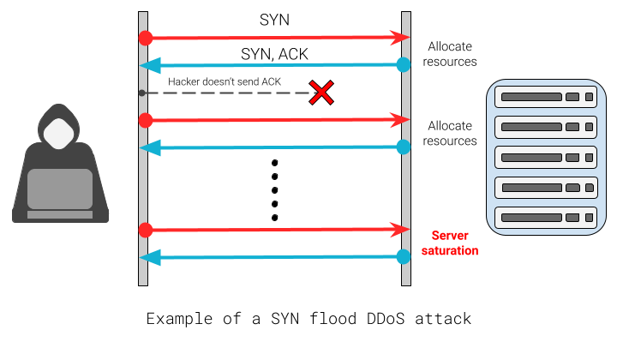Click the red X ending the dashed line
coord(321,93)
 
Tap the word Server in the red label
coord(450,235)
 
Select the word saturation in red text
coord(450,251)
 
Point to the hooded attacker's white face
coord(58,134)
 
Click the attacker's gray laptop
coord(60,190)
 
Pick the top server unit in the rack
coord(546,97)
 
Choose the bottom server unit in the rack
coord(546,218)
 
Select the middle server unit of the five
coord(546,158)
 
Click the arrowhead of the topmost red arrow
coord(399,38)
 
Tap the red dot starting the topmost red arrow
coord(146,38)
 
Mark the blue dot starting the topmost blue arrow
coord(404,64)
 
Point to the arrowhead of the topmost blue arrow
coord(150,65)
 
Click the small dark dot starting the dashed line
coord(142,93)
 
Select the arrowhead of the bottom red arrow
coord(399,230)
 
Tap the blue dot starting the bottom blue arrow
coord(404,256)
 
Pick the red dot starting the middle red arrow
coord(146,120)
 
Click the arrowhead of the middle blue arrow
coord(150,147)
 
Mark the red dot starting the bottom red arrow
coord(146,230)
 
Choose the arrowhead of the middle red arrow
coord(399,120)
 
